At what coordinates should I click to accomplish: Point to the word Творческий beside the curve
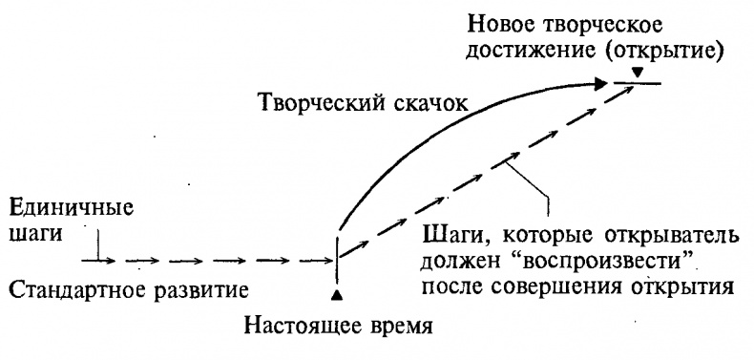coord(321,104)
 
